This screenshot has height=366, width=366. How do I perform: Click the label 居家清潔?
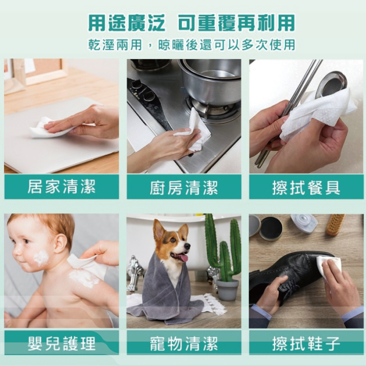61,187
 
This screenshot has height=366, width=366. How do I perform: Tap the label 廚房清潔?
184,187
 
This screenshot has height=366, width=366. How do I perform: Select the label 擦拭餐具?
306,187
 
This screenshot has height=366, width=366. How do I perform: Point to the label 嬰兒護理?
61,344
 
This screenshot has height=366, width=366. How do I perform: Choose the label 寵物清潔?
184,344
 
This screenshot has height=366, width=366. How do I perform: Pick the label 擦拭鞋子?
306,344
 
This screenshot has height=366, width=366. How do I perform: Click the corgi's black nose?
187,246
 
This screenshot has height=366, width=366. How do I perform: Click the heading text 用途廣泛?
127,23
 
